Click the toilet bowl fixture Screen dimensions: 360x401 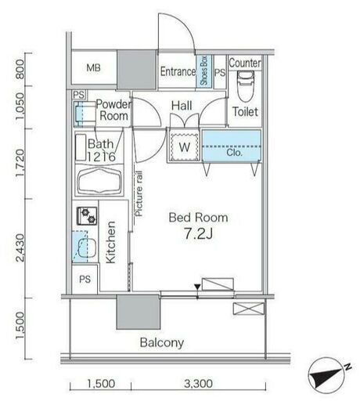click(246, 86)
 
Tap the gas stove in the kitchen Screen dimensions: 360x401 click(87, 216)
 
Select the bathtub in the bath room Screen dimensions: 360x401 click(99, 181)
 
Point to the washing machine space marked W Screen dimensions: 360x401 click(185, 147)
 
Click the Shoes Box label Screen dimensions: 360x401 click(204, 70)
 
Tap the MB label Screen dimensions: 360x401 click(93, 68)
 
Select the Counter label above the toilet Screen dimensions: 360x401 click(245, 63)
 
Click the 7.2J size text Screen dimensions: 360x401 click(199, 233)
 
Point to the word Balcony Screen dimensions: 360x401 click(162, 342)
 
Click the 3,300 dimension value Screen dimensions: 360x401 click(198, 384)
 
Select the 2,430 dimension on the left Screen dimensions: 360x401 click(20, 247)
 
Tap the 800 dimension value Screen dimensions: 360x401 click(20, 69)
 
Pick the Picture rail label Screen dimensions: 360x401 click(139, 193)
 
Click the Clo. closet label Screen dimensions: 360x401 click(234, 153)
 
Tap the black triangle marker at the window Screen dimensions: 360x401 click(197, 287)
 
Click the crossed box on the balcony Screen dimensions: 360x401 click(249, 309)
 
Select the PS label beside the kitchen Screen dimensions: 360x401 click(85, 280)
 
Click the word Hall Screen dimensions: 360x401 click(182, 106)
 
